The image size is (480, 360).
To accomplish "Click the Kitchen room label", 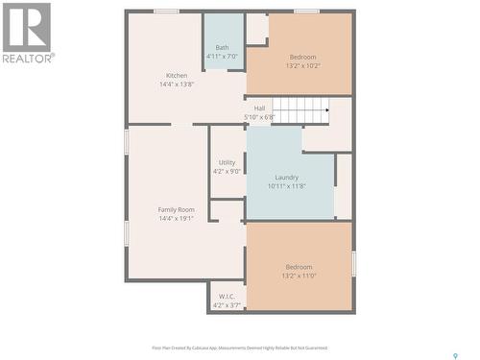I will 177,76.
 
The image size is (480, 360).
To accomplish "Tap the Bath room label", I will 222,48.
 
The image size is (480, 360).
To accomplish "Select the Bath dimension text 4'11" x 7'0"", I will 222,57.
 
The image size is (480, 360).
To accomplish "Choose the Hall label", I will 259,108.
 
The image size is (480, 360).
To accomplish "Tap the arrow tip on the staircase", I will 328,109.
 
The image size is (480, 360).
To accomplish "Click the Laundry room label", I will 286,177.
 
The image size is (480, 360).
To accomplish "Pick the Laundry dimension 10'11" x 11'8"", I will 286,185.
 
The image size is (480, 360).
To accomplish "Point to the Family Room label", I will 177,209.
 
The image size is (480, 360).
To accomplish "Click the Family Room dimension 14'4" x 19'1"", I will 177,218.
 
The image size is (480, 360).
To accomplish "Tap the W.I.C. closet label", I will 227,296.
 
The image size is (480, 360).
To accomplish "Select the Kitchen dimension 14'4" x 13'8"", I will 177,84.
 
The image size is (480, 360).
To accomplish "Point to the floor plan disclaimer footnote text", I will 239,348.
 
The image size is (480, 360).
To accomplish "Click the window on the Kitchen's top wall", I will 166,12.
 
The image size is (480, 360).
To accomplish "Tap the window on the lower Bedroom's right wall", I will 353,262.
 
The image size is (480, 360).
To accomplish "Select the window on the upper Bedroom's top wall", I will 306,12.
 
